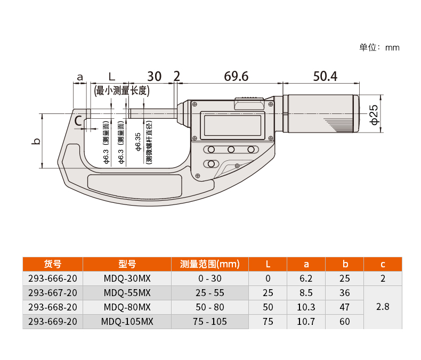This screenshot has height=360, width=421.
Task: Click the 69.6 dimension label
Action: point(236,76)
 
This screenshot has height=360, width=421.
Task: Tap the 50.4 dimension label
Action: point(325,76)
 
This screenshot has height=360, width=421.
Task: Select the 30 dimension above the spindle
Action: point(155,76)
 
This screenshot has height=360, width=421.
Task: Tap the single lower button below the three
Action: point(212,163)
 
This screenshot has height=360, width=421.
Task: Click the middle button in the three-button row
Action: point(231,150)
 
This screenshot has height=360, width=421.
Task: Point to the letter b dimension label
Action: point(36,141)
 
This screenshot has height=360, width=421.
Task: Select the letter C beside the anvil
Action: point(78,121)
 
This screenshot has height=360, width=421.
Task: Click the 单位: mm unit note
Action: point(379,47)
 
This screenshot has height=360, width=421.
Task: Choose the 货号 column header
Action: point(53,264)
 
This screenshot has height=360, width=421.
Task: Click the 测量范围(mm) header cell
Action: point(209,264)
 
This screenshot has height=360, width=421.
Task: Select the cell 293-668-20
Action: point(53,307)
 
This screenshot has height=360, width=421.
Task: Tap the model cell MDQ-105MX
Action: point(127,321)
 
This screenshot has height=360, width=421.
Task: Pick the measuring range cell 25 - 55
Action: point(209,293)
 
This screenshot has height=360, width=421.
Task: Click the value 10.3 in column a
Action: point(306,307)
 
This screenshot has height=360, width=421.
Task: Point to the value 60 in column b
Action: point(344,321)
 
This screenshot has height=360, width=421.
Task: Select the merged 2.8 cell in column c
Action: point(383,307)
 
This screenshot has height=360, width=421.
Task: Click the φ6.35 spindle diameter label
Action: point(138,142)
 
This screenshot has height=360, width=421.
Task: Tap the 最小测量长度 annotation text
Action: point(122,91)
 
